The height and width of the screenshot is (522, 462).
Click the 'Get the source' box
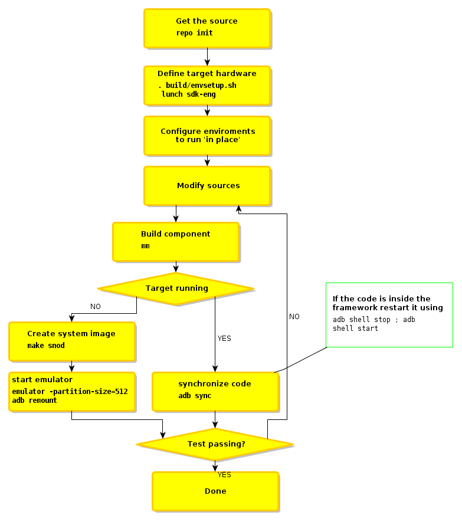(207, 28)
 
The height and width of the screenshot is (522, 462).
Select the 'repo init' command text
(194, 33)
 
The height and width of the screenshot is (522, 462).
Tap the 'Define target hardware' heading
(207, 74)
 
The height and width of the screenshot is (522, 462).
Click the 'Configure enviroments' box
(207, 136)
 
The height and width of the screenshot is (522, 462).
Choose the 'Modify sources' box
(208, 186)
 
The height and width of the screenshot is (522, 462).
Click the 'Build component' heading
(175, 234)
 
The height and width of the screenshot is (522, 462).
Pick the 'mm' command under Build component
(145, 246)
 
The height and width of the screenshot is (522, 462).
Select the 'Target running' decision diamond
(176, 288)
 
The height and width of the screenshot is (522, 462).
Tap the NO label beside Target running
(95, 307)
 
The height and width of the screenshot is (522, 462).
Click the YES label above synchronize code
(224, 339)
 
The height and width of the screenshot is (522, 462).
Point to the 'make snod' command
(46, 346)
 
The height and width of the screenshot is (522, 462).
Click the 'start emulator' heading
(42, 380)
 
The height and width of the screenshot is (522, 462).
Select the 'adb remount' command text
(35, 400)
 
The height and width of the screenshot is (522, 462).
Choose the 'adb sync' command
(195, 396)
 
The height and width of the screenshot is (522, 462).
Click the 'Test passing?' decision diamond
(215, 444)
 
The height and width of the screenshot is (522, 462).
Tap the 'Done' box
(215, 491)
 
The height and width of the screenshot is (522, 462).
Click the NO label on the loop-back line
(294, 317)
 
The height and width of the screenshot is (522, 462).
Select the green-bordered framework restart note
(389, 314)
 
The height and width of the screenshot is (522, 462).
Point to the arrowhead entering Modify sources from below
(238, 209)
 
